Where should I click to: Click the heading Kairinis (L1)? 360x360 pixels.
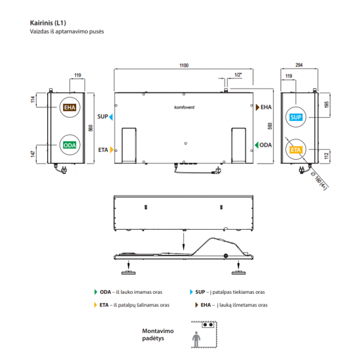[x=48, y=22]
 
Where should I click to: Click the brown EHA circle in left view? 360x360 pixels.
[x=69, y=108]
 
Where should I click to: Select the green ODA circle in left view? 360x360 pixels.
[x=69, y=145]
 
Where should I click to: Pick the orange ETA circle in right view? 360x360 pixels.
[x=296, y=151]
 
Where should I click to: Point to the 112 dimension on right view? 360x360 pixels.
[x=327, y=156]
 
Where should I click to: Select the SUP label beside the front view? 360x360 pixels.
[x=103, y=117]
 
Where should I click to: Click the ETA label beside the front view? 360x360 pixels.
[x=103, y=150]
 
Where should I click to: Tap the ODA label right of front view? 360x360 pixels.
[x=266, y=145]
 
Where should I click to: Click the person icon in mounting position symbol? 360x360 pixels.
[x=195, y=338]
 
